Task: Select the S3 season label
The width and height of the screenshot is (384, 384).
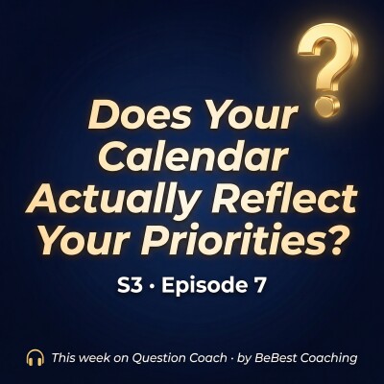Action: click(x=135, y=287)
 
